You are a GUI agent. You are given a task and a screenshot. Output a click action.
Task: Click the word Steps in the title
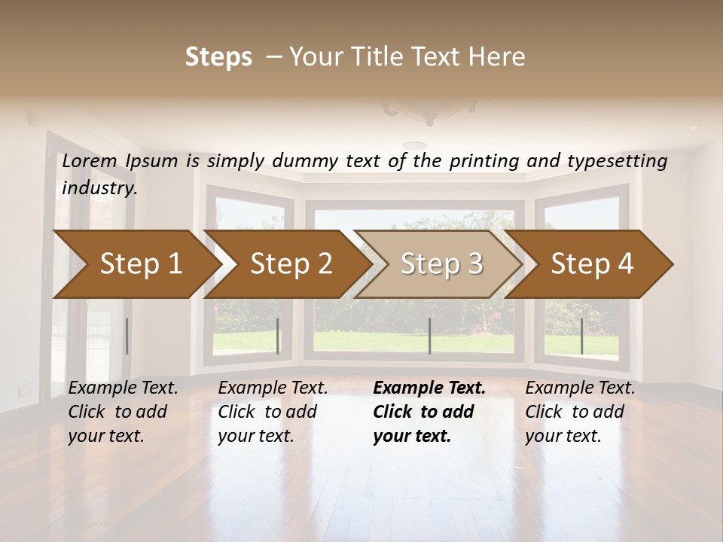218,57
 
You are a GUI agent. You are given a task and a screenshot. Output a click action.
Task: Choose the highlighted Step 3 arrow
441,263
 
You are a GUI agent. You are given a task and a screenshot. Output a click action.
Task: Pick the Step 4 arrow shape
592,263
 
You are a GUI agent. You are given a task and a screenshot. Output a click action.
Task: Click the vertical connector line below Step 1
127,336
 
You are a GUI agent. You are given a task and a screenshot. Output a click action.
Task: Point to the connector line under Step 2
278,336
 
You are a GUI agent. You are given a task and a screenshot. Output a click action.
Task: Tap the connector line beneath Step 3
429,336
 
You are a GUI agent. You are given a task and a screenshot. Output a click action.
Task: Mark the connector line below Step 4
581,336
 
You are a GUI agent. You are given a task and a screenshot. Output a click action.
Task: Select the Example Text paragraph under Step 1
123,412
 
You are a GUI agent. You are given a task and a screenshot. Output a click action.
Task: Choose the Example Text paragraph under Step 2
273,412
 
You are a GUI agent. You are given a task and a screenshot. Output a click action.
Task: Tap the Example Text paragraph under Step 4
580,412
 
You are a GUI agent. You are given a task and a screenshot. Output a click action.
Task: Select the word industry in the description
99,188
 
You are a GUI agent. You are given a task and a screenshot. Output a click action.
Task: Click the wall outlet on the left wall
25,389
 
